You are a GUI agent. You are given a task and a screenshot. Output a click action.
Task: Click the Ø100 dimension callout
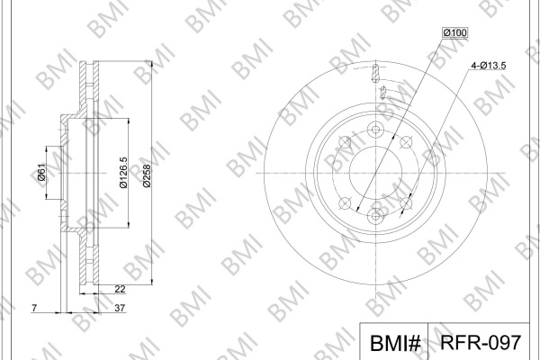pos(454,32)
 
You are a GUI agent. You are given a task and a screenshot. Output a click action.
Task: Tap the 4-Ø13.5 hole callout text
pos(489,66)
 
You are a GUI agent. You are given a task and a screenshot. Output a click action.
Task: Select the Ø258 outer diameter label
pos(147,176)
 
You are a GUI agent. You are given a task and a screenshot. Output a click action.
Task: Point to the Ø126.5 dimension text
pos(123,173)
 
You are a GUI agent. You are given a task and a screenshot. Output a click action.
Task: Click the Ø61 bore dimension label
pos(41,172)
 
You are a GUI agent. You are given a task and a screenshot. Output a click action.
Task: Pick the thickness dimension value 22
pos(120,289)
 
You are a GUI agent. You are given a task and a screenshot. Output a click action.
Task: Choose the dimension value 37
pos(120,308)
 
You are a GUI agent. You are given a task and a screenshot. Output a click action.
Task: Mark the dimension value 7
pos(34,308)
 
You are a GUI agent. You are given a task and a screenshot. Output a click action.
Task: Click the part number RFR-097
pos(481,342)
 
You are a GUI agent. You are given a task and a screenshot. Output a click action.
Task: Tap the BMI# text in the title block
pos(395,343)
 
